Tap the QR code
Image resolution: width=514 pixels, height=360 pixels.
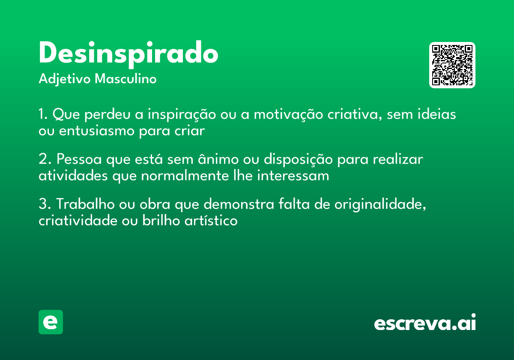(452, 65)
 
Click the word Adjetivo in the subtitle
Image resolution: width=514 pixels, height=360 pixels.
(65, 79)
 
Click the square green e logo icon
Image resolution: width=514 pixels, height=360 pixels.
(51, 322)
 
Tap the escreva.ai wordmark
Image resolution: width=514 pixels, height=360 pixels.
(425, 323)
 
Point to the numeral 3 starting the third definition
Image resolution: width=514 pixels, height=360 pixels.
(43, 204)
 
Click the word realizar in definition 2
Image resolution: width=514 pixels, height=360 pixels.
(398, 159)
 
